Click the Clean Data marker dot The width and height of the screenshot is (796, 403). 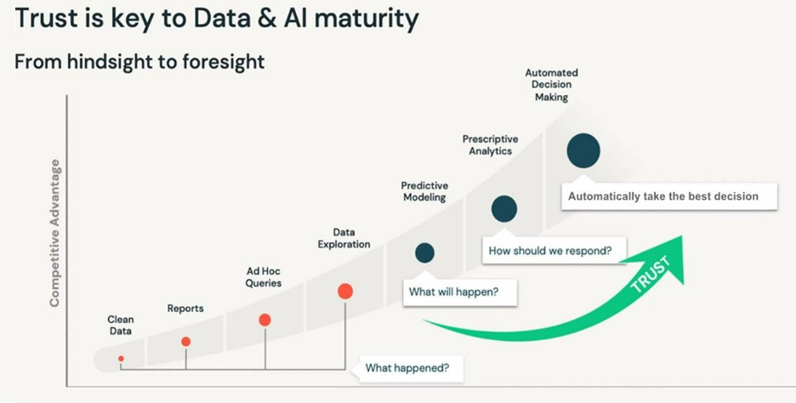pos(121,359)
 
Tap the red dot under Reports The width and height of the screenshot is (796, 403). pos(186,342)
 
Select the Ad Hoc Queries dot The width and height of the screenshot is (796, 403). pos(264,320)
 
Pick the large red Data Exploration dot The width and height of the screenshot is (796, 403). pos(345,291)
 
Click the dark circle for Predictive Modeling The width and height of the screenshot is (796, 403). pos(424,253)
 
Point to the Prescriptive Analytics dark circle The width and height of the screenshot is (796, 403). pos(504,208)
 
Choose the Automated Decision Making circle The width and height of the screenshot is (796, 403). pos(583,150)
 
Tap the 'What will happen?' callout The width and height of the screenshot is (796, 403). pos(453,292)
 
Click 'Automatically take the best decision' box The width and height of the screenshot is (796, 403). pos(663,196)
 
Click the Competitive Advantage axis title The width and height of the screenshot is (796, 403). pos(54,232)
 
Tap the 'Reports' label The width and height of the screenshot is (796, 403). pos(185,309)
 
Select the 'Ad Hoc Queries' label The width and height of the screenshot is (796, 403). pos(264,277)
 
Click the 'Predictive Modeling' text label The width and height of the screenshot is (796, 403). pos(424,192)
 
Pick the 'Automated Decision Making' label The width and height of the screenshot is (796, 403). pos(552,85)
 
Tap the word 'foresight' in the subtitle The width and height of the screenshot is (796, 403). pos(222,62)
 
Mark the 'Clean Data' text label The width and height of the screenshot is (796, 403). pos(121,326)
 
